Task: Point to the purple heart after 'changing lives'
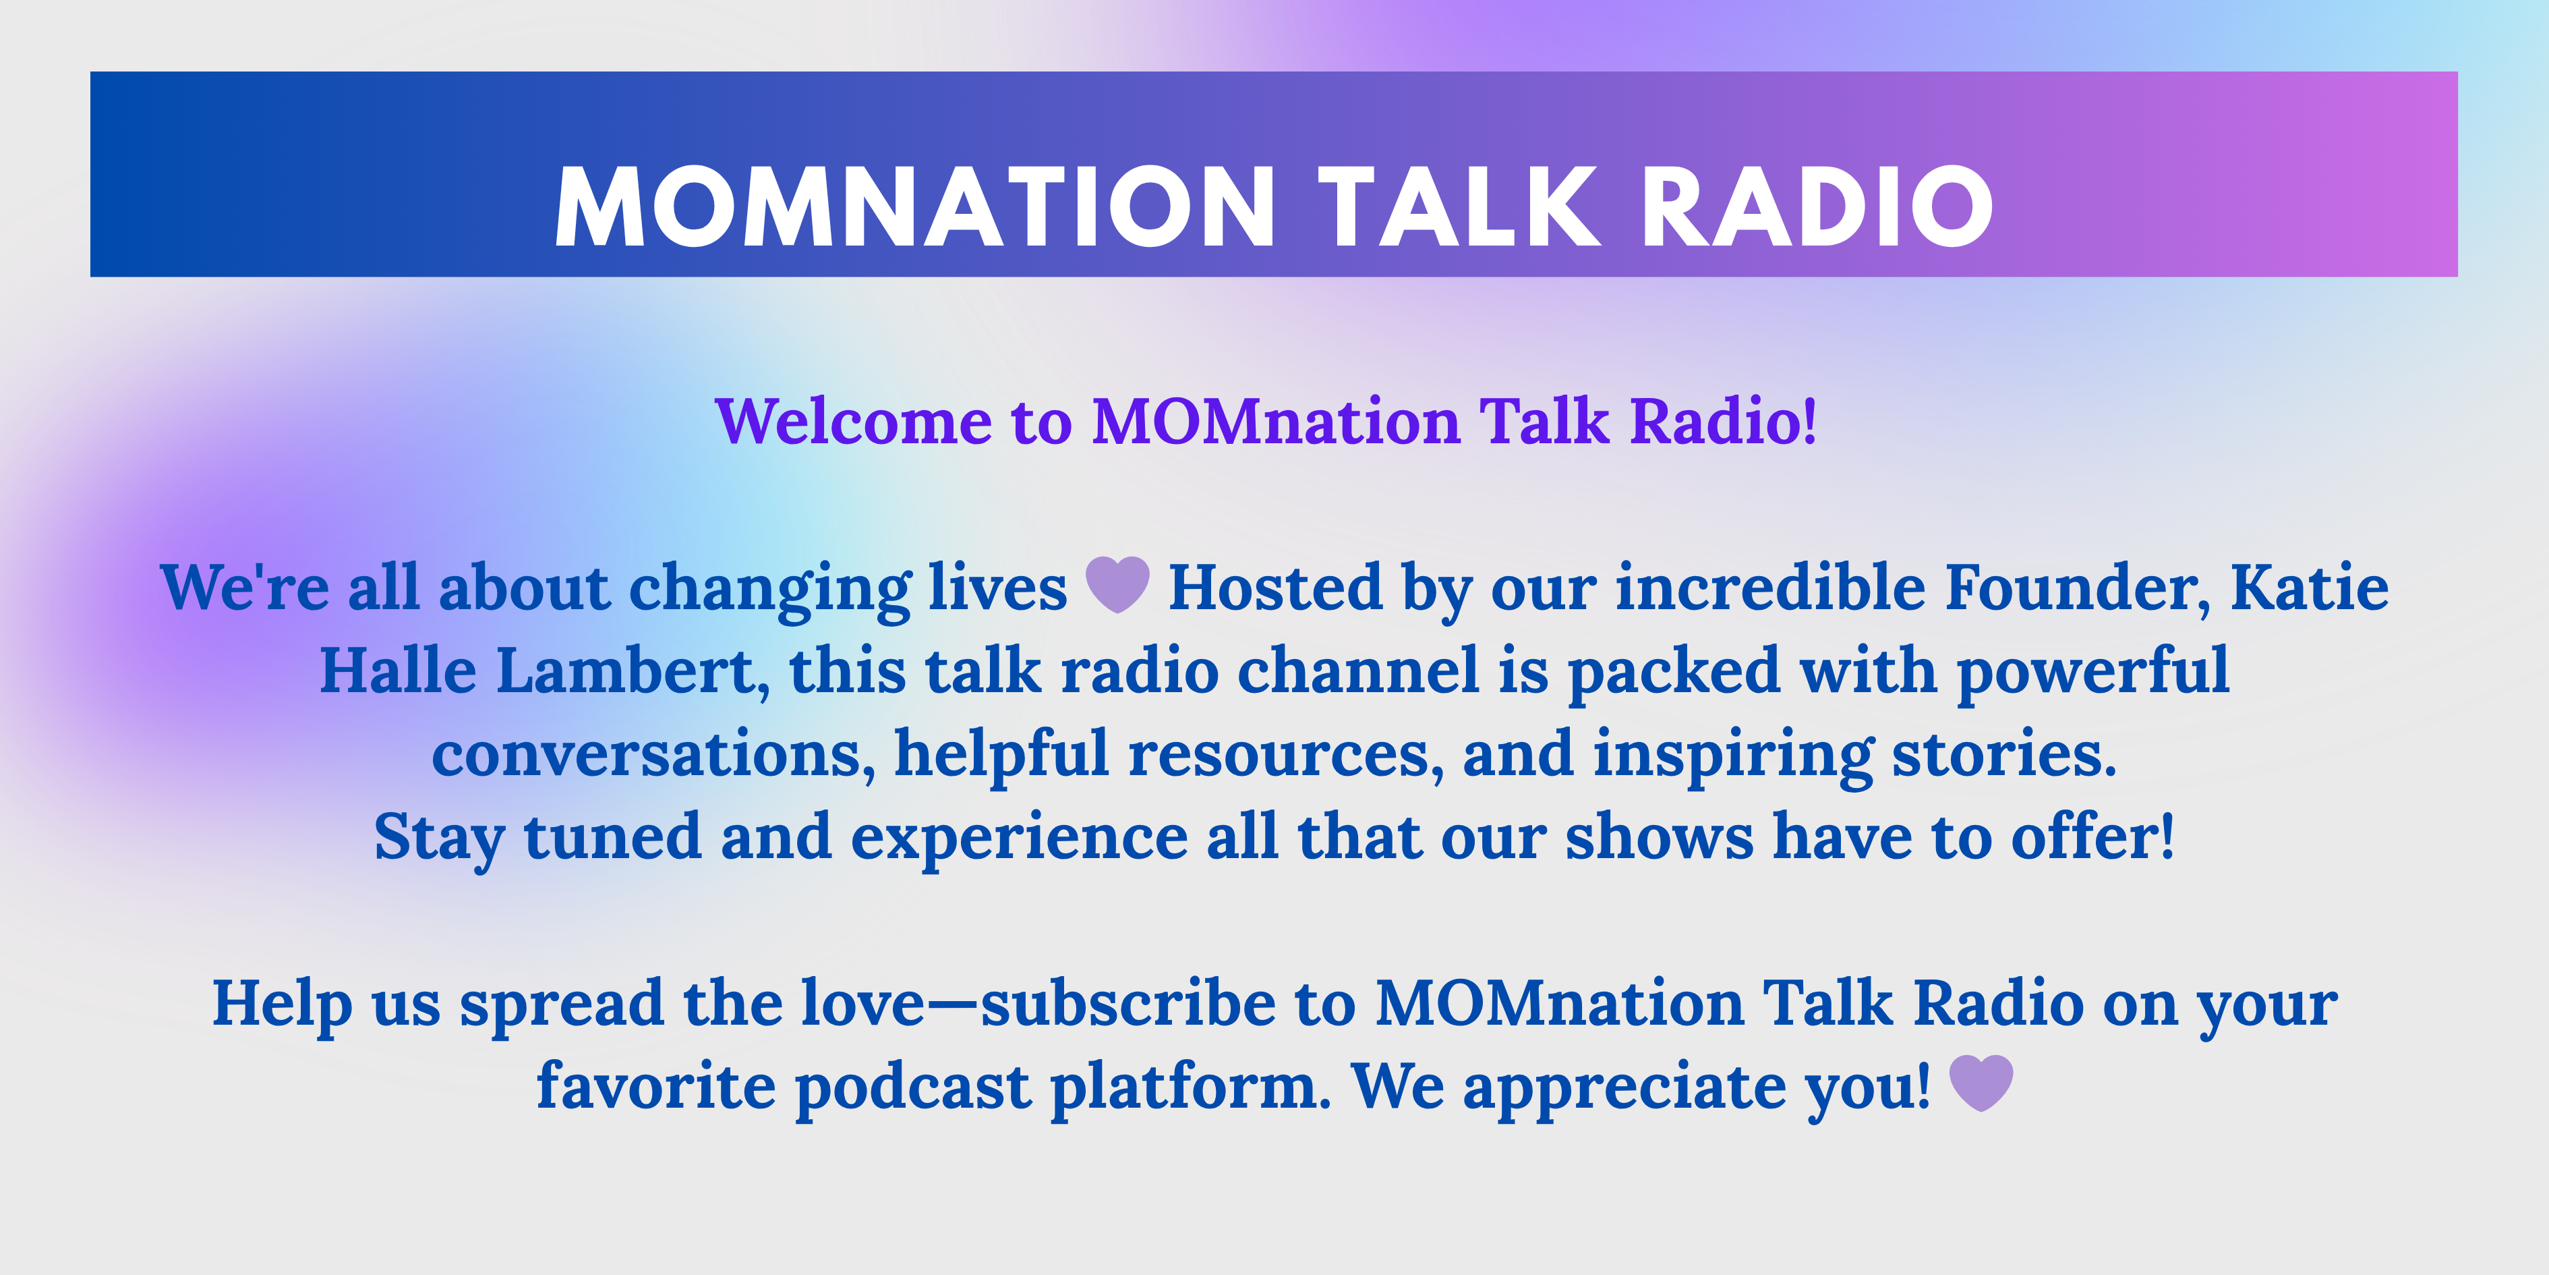click(1118, 584)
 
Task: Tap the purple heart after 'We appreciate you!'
click(1981, 1083)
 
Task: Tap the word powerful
click(2093, 673)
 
